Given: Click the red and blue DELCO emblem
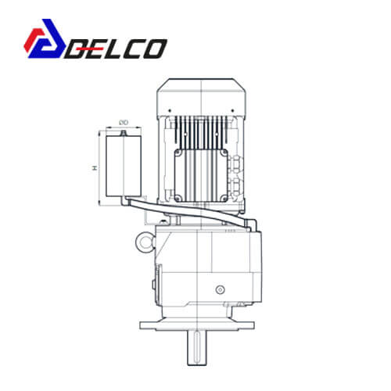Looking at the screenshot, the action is tap(45, 38).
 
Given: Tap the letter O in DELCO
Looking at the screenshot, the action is tap(155, 48).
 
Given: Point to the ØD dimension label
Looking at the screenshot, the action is tap(124, 122).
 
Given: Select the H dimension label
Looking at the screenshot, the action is tap(95, 168).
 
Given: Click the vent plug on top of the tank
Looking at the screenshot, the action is tap(124, 134).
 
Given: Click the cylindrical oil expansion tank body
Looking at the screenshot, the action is tap(124, 166).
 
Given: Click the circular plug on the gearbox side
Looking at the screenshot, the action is tap(221, 289).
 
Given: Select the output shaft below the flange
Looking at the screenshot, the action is tap(197, 348).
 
